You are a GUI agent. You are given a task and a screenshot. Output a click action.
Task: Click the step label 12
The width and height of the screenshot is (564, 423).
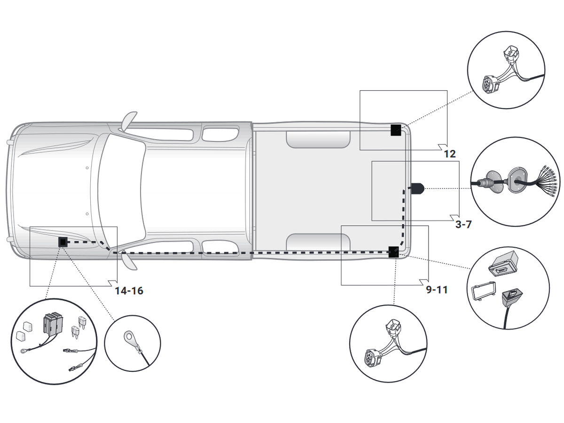click(x=450, y=154)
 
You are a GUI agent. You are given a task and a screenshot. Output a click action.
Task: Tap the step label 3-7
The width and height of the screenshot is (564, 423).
click(x=463, y=224)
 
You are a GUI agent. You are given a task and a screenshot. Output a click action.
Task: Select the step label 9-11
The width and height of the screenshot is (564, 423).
click(x=437, y=290)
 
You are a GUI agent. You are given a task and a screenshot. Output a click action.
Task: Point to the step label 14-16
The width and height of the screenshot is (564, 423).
click(x=129, y=290)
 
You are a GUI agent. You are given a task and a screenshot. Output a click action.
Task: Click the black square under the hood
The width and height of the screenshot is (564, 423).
click(x=62, y=243)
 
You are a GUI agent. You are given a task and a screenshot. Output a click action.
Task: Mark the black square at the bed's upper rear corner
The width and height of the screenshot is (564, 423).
click(x=396, y=130)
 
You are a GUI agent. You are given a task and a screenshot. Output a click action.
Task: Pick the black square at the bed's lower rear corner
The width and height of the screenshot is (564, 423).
click(x=393, y=252)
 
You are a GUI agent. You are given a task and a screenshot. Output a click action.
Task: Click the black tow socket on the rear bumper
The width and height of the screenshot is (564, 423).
click(x=417, y=189)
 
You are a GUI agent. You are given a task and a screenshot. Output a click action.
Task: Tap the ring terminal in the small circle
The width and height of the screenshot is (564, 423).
click(x=129, y=337)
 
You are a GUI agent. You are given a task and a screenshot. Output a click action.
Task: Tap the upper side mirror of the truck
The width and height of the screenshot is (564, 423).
click(x=128, y=121)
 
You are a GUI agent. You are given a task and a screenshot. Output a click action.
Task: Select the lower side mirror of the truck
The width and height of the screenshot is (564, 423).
click(x=128, y=259)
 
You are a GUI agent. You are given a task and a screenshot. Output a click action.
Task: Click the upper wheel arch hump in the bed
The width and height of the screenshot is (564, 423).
click(x=318, y=139)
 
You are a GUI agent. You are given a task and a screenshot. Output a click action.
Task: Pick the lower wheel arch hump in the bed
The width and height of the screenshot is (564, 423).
click(x=318, y=241)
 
